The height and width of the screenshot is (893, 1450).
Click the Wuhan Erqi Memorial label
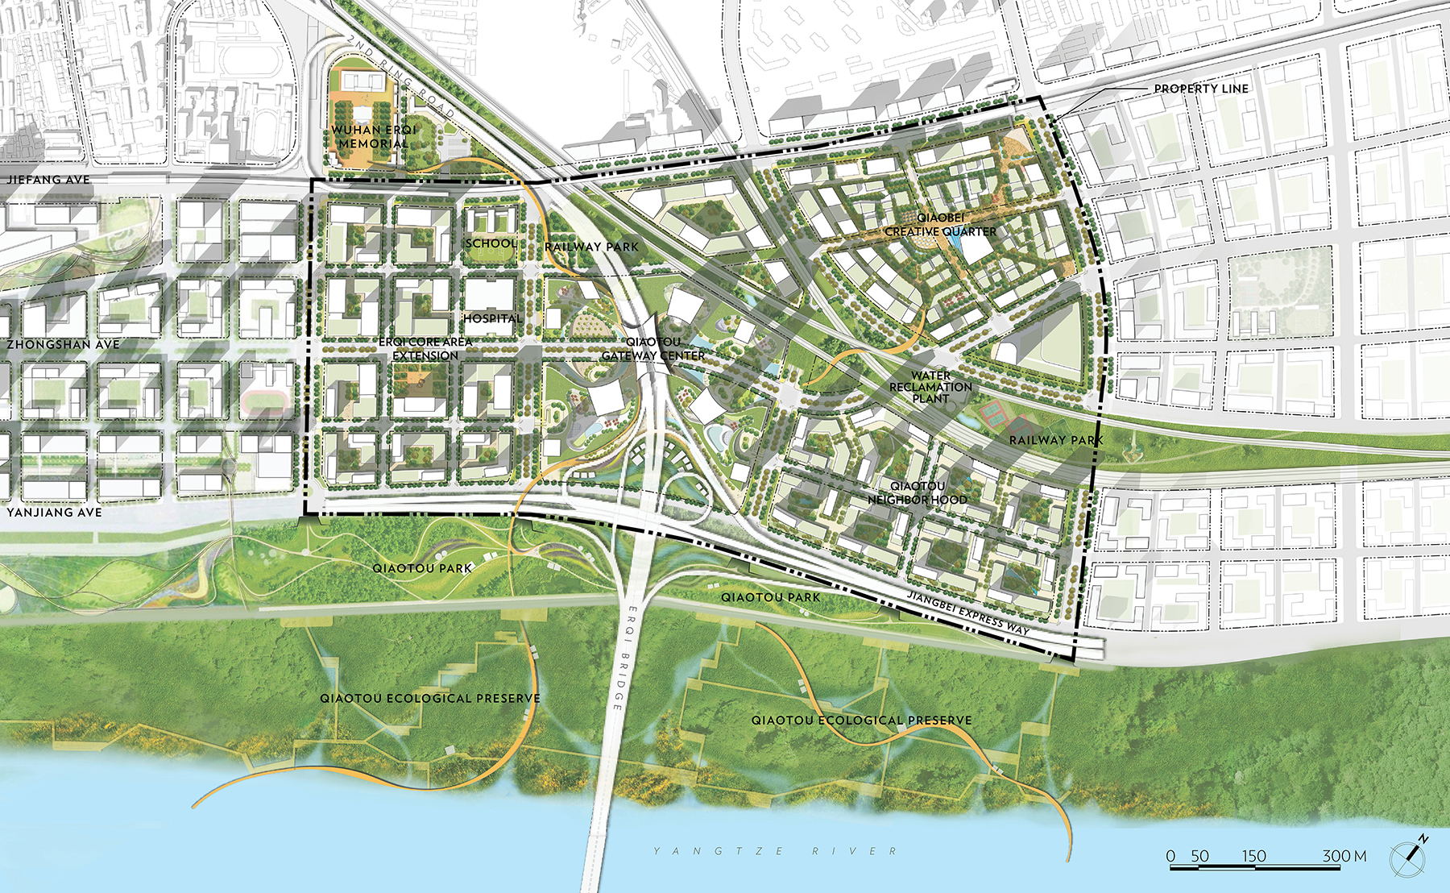(x=374, y=136)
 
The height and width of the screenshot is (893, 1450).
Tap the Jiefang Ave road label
(x=49, y=180)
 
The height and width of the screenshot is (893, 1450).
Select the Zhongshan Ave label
(x=63, y=344)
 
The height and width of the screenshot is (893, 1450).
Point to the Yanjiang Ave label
(x=55, y=512)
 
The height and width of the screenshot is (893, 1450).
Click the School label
(x=491, y=243)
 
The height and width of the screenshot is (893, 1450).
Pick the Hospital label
(x=492, y=318)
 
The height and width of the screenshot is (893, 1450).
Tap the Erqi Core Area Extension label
(x=425, y=349)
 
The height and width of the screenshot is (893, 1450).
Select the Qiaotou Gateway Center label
(x=653, y=348)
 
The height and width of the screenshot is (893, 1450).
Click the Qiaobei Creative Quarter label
(x=941, y=225)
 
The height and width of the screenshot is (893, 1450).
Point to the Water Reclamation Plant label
(x=931, y=387)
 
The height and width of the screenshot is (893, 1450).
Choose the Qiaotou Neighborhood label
(x=918, y=492)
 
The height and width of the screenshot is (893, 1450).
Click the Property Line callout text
(x=1201, y=89)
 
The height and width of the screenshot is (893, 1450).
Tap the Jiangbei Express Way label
(x=968, y=613)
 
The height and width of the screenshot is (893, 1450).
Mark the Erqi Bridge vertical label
(x=625, y=657)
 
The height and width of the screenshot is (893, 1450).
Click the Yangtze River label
(x=775, y=851)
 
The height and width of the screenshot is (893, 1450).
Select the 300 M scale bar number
(x=1344, y=856)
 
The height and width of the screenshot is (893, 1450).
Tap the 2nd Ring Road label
(x=400, y=77)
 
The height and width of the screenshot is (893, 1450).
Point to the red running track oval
(x=265, y=400)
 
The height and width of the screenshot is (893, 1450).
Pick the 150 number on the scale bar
(x=1253, y=856)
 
